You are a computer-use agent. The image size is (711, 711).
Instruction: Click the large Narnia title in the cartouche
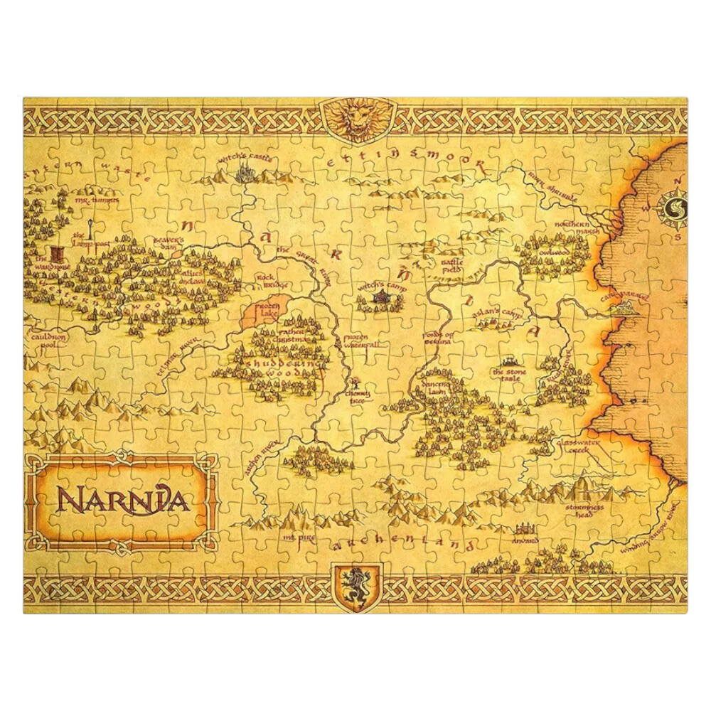[x=122, y=499]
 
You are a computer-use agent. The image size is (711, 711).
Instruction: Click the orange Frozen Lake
[x=269, y=312]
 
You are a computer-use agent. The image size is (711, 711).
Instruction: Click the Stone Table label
[x=507, y=375]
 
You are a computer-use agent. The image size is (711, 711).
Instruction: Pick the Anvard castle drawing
[x=524, y=529]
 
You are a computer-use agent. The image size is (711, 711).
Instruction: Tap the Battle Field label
[x=452, y=265]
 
